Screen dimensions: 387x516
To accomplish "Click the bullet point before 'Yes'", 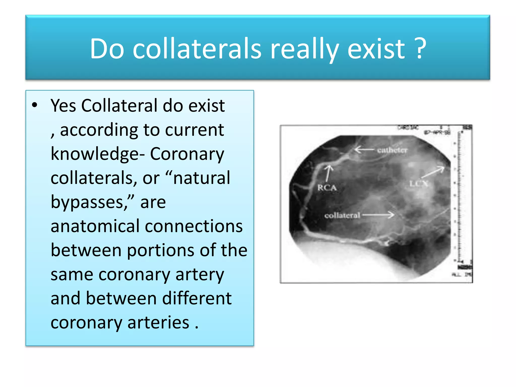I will point(35,105).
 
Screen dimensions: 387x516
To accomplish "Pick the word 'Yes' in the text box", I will point(63,106).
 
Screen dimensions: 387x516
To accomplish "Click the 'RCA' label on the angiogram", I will point(327,188).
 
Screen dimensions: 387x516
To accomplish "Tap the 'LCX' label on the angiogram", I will point(418,183).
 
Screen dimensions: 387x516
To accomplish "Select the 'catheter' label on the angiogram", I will point(392,150).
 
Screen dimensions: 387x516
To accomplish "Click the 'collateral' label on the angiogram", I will point(342,215).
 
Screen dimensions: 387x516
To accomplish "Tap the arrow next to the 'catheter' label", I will point(364,150).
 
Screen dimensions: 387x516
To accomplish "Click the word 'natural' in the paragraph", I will point(202,178).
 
